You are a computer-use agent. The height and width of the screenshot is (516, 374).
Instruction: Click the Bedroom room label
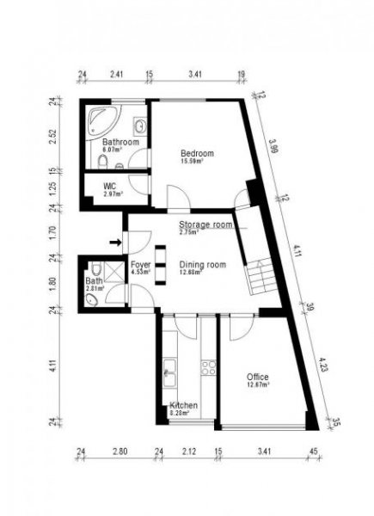(196, 153)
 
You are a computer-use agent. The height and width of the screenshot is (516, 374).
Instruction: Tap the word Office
(258, 377)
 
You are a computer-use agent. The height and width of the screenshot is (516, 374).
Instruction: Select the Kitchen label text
(185, 405)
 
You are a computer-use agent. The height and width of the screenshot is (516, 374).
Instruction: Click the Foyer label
(141, 265)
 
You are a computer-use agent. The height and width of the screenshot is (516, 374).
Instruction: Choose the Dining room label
(202, 265)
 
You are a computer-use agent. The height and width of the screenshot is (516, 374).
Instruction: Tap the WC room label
(109, 186)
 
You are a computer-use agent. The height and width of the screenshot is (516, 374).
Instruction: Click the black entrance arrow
(115, 242)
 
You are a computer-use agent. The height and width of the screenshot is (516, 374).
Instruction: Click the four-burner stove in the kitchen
(208, 367)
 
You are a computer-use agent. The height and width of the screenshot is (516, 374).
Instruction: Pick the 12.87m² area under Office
(258, 385)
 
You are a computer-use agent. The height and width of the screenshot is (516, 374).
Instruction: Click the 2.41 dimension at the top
(117, 75)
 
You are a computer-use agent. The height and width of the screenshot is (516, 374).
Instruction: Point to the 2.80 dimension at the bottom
(120, 449)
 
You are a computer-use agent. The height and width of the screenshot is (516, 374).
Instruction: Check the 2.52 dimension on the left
(53, 138)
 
